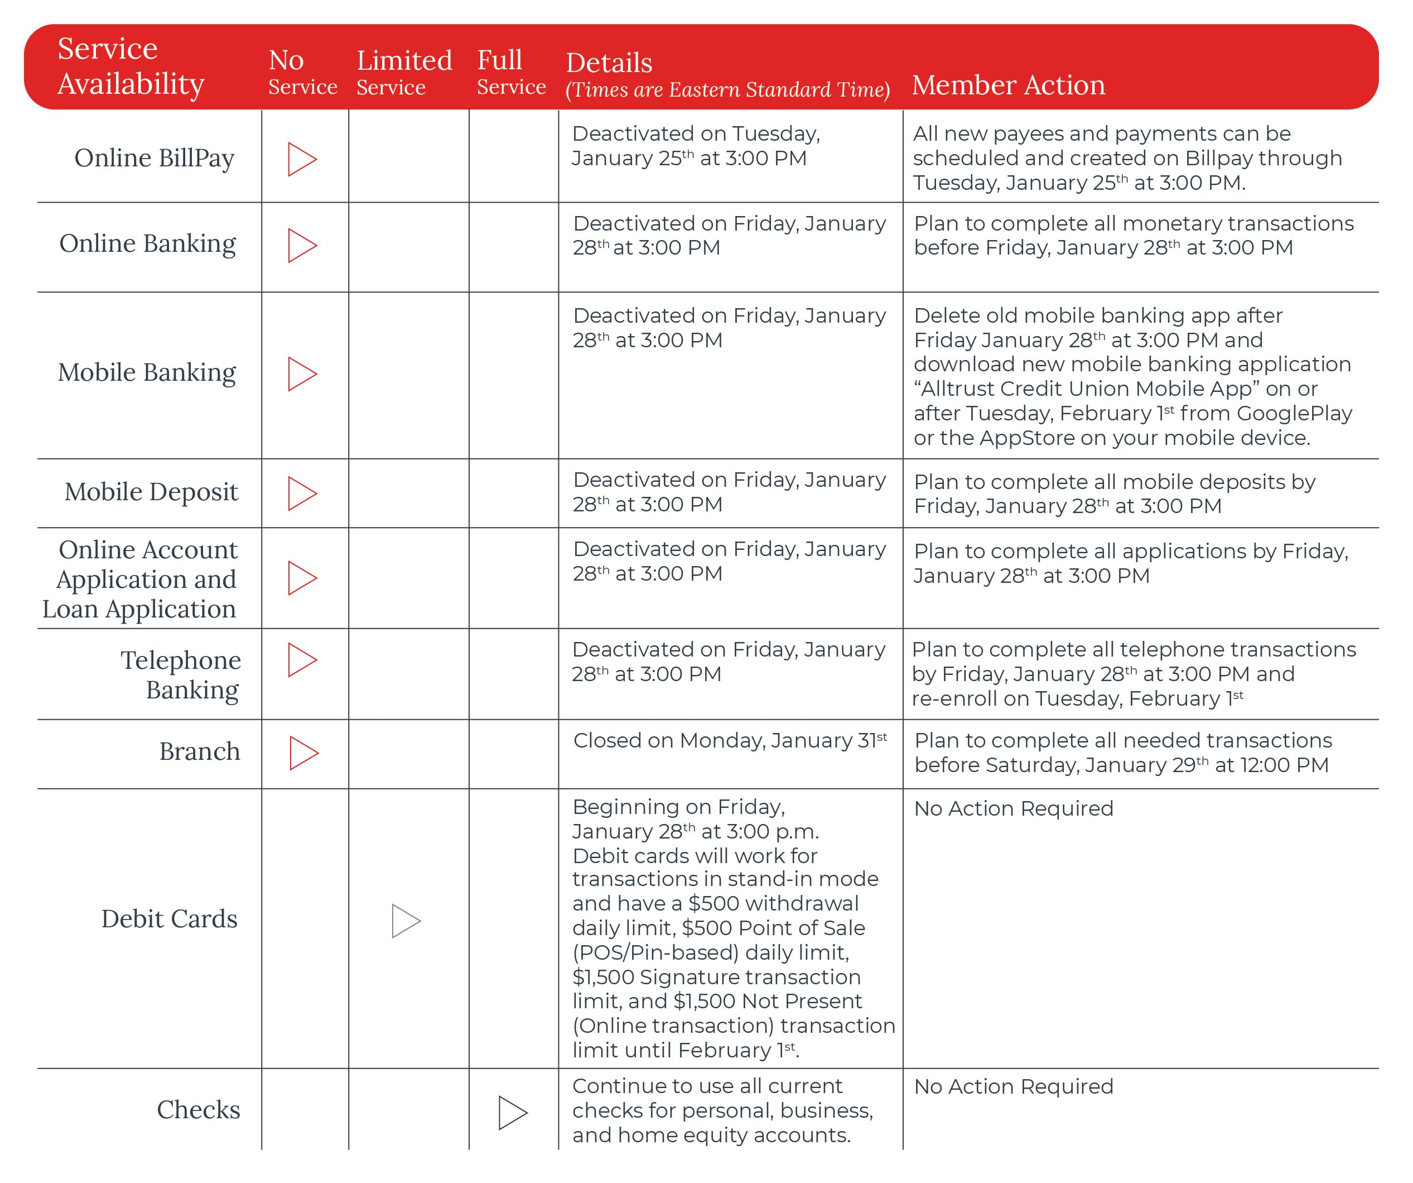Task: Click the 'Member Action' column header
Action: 1008,85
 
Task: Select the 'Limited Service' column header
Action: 404,73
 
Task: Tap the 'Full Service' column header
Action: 510,72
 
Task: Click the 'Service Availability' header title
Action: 131,66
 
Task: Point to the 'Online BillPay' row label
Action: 154,158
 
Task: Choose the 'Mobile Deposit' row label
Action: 151,492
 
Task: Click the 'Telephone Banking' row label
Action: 180,674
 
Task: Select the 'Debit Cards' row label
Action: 169,919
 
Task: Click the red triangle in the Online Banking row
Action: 301,246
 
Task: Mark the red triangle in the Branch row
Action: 303,753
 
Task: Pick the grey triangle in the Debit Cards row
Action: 405,921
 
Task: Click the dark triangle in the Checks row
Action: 512,1112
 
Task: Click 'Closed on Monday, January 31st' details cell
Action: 730,741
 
